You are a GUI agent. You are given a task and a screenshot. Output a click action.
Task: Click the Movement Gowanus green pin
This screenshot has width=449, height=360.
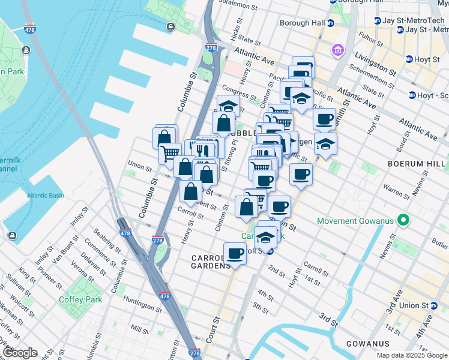[x=404, y=221]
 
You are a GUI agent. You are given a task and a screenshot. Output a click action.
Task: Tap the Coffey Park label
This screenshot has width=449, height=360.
[x=80, y=299]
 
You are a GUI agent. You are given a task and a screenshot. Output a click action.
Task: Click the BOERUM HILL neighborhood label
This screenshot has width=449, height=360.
[x=417, y=163]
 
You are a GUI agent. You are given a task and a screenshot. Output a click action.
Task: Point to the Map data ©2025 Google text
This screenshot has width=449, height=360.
[x=412, y=355]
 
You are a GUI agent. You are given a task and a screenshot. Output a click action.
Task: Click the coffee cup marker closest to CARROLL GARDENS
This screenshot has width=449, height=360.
[x=235, y=253]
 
